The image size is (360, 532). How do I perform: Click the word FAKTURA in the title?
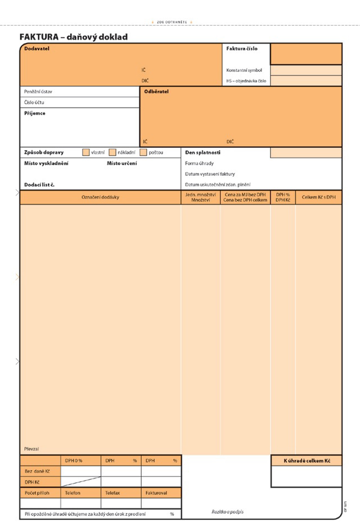click(x=39, y=37)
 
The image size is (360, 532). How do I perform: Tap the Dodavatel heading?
click(x=37, y=49)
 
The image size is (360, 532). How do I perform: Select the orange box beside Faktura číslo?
click(x=306, y=54)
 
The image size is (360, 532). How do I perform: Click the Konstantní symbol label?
click(x=244, y=70)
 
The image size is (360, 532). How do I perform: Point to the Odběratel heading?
click(x=157, y=91)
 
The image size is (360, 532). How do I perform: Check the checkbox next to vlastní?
click(x=86, y=152)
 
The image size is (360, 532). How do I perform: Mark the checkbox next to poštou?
click(x=144, y=152)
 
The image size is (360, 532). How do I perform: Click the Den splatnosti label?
click(x=202, y=152)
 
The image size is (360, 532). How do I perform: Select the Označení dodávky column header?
click(x=100, y=197)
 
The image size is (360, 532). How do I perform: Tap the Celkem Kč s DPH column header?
click(x=319, y=197)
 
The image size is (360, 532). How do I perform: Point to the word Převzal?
click(x=31, y=449)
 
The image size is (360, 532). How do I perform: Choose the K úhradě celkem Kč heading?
click(x=306, y=460)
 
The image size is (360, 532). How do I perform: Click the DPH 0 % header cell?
click(x=74, y=461)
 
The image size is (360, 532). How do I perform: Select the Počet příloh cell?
click(x=37, y=493)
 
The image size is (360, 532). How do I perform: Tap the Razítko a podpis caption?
click(x=228, y=512)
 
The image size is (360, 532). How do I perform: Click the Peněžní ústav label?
click(x=38, y=92)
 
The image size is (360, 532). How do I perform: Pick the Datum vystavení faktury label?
click(x=210, y=174)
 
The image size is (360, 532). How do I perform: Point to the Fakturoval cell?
click(x=156, y=493)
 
